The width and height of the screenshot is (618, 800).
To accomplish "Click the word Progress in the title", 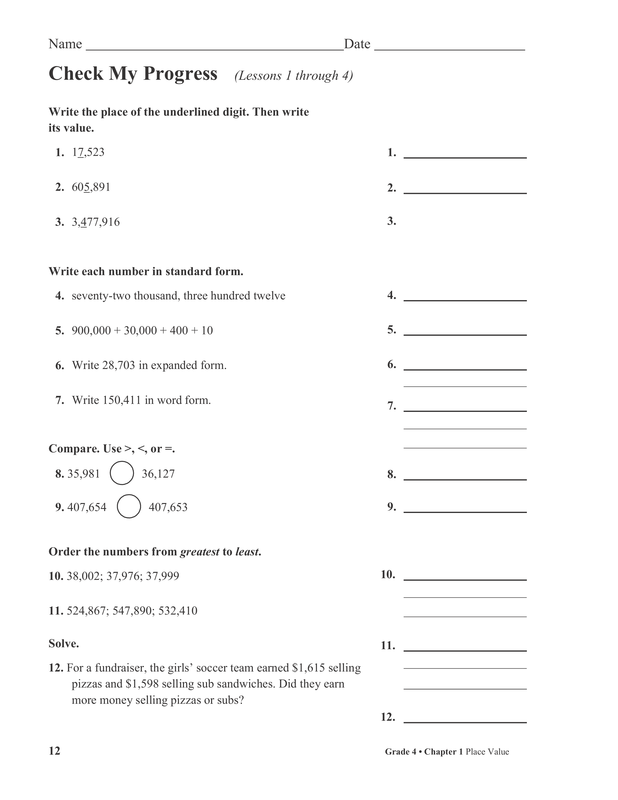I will (x=180, y=74).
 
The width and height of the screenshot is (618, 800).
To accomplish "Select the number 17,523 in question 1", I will (x=88, y=152).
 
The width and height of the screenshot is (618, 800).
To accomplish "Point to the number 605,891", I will (x=91, y=187).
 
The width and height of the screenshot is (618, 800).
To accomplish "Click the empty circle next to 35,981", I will (x=122, y=473).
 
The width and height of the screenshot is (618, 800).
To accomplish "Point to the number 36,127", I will (x=158, y=474).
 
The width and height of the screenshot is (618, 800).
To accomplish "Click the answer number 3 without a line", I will (x=392, y=221).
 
